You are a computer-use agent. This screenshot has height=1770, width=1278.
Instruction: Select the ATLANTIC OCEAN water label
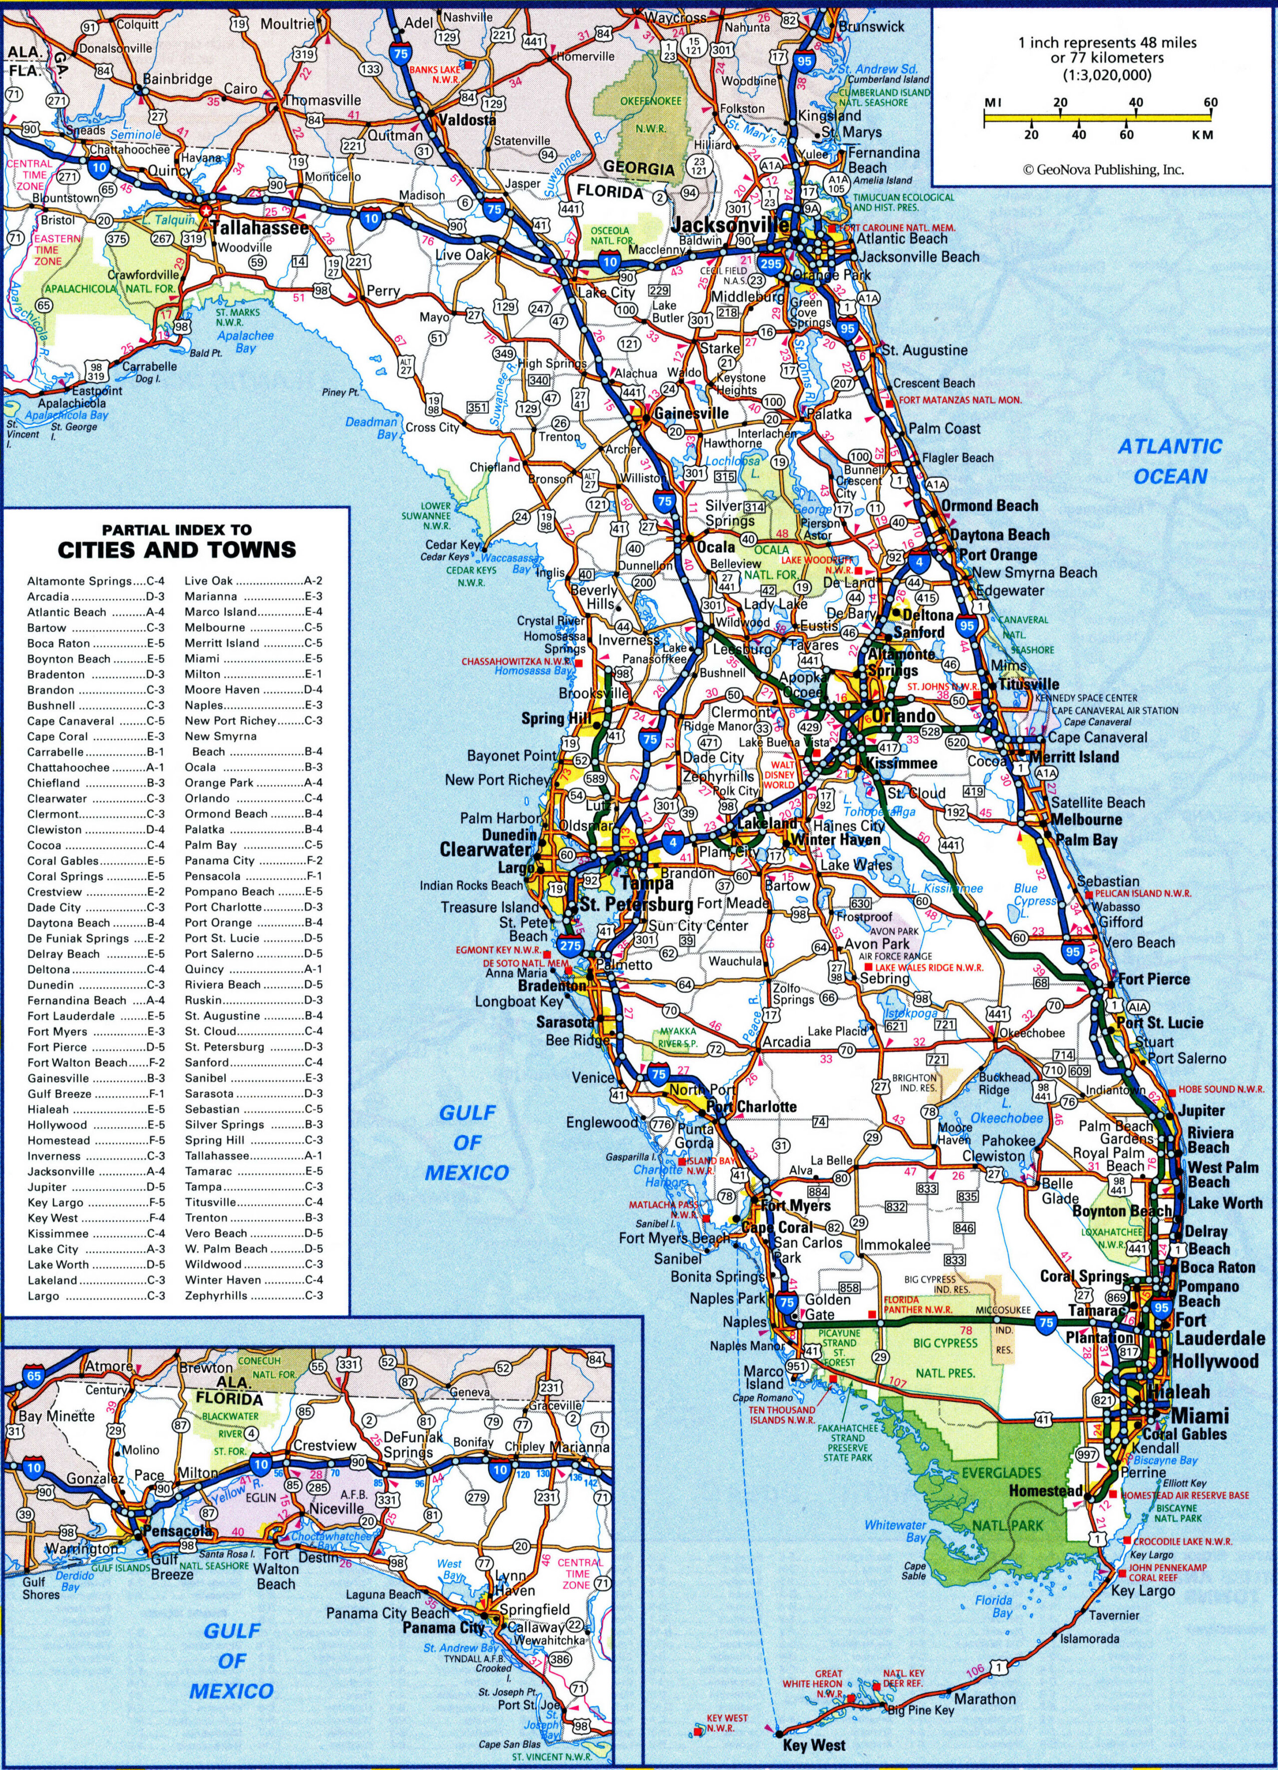pos(1170,461)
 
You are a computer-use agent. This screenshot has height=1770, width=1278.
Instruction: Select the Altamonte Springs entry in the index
pos(96,581)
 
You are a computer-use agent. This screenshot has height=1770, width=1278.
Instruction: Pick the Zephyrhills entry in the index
pos(253,1295)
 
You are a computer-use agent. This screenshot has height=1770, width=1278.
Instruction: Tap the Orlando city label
pos(903,716)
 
